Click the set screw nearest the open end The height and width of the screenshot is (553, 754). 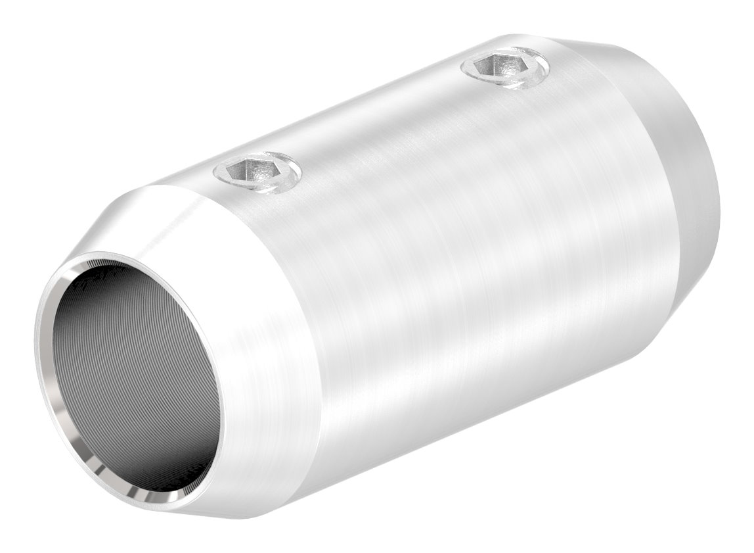257,173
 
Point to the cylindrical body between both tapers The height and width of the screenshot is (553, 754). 460,263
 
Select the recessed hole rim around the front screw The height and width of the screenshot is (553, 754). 289,178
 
